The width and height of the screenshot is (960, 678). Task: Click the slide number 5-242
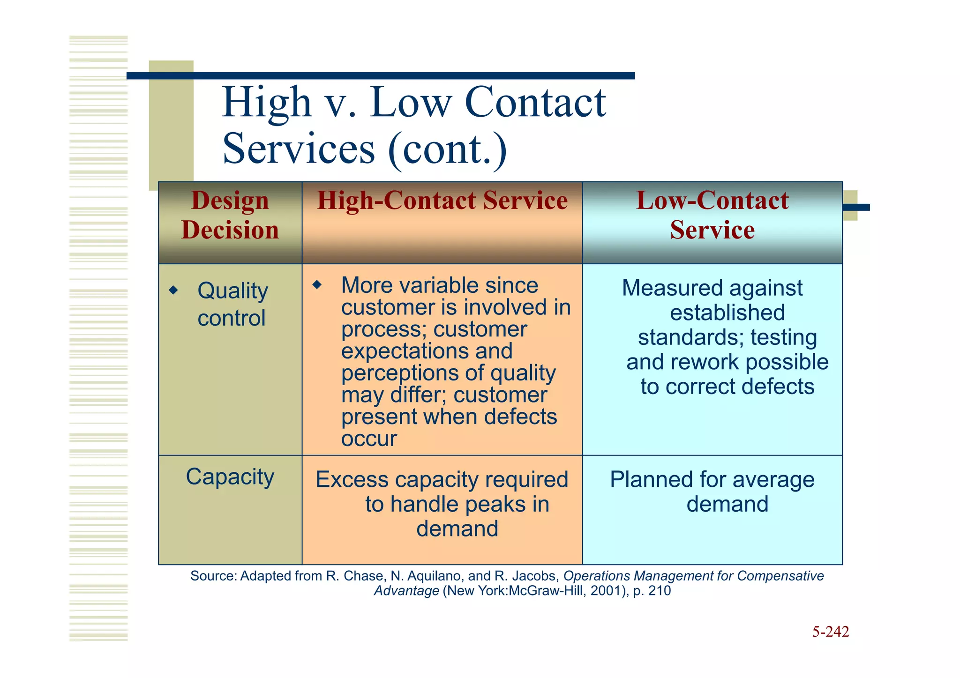tap(830, 632)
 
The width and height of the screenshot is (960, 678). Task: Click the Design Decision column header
tap(230, 215)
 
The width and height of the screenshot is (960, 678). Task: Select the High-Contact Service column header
tap(442, 201)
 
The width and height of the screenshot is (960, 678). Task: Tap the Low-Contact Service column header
tap(712, 215)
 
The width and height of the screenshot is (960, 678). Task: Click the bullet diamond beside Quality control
tap(173, 290)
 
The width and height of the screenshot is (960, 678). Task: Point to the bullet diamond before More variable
tap(317, 284)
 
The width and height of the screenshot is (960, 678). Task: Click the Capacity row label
tap(230, 477)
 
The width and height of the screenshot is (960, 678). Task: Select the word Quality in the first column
tap(232, 291)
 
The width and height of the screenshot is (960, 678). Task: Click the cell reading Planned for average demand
tap(712, 492)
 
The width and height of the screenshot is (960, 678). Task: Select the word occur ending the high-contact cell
tap(369, 439)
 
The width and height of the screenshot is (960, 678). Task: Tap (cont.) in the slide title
tap(447, 149)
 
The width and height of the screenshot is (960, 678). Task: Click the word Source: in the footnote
tap(213, 576)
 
